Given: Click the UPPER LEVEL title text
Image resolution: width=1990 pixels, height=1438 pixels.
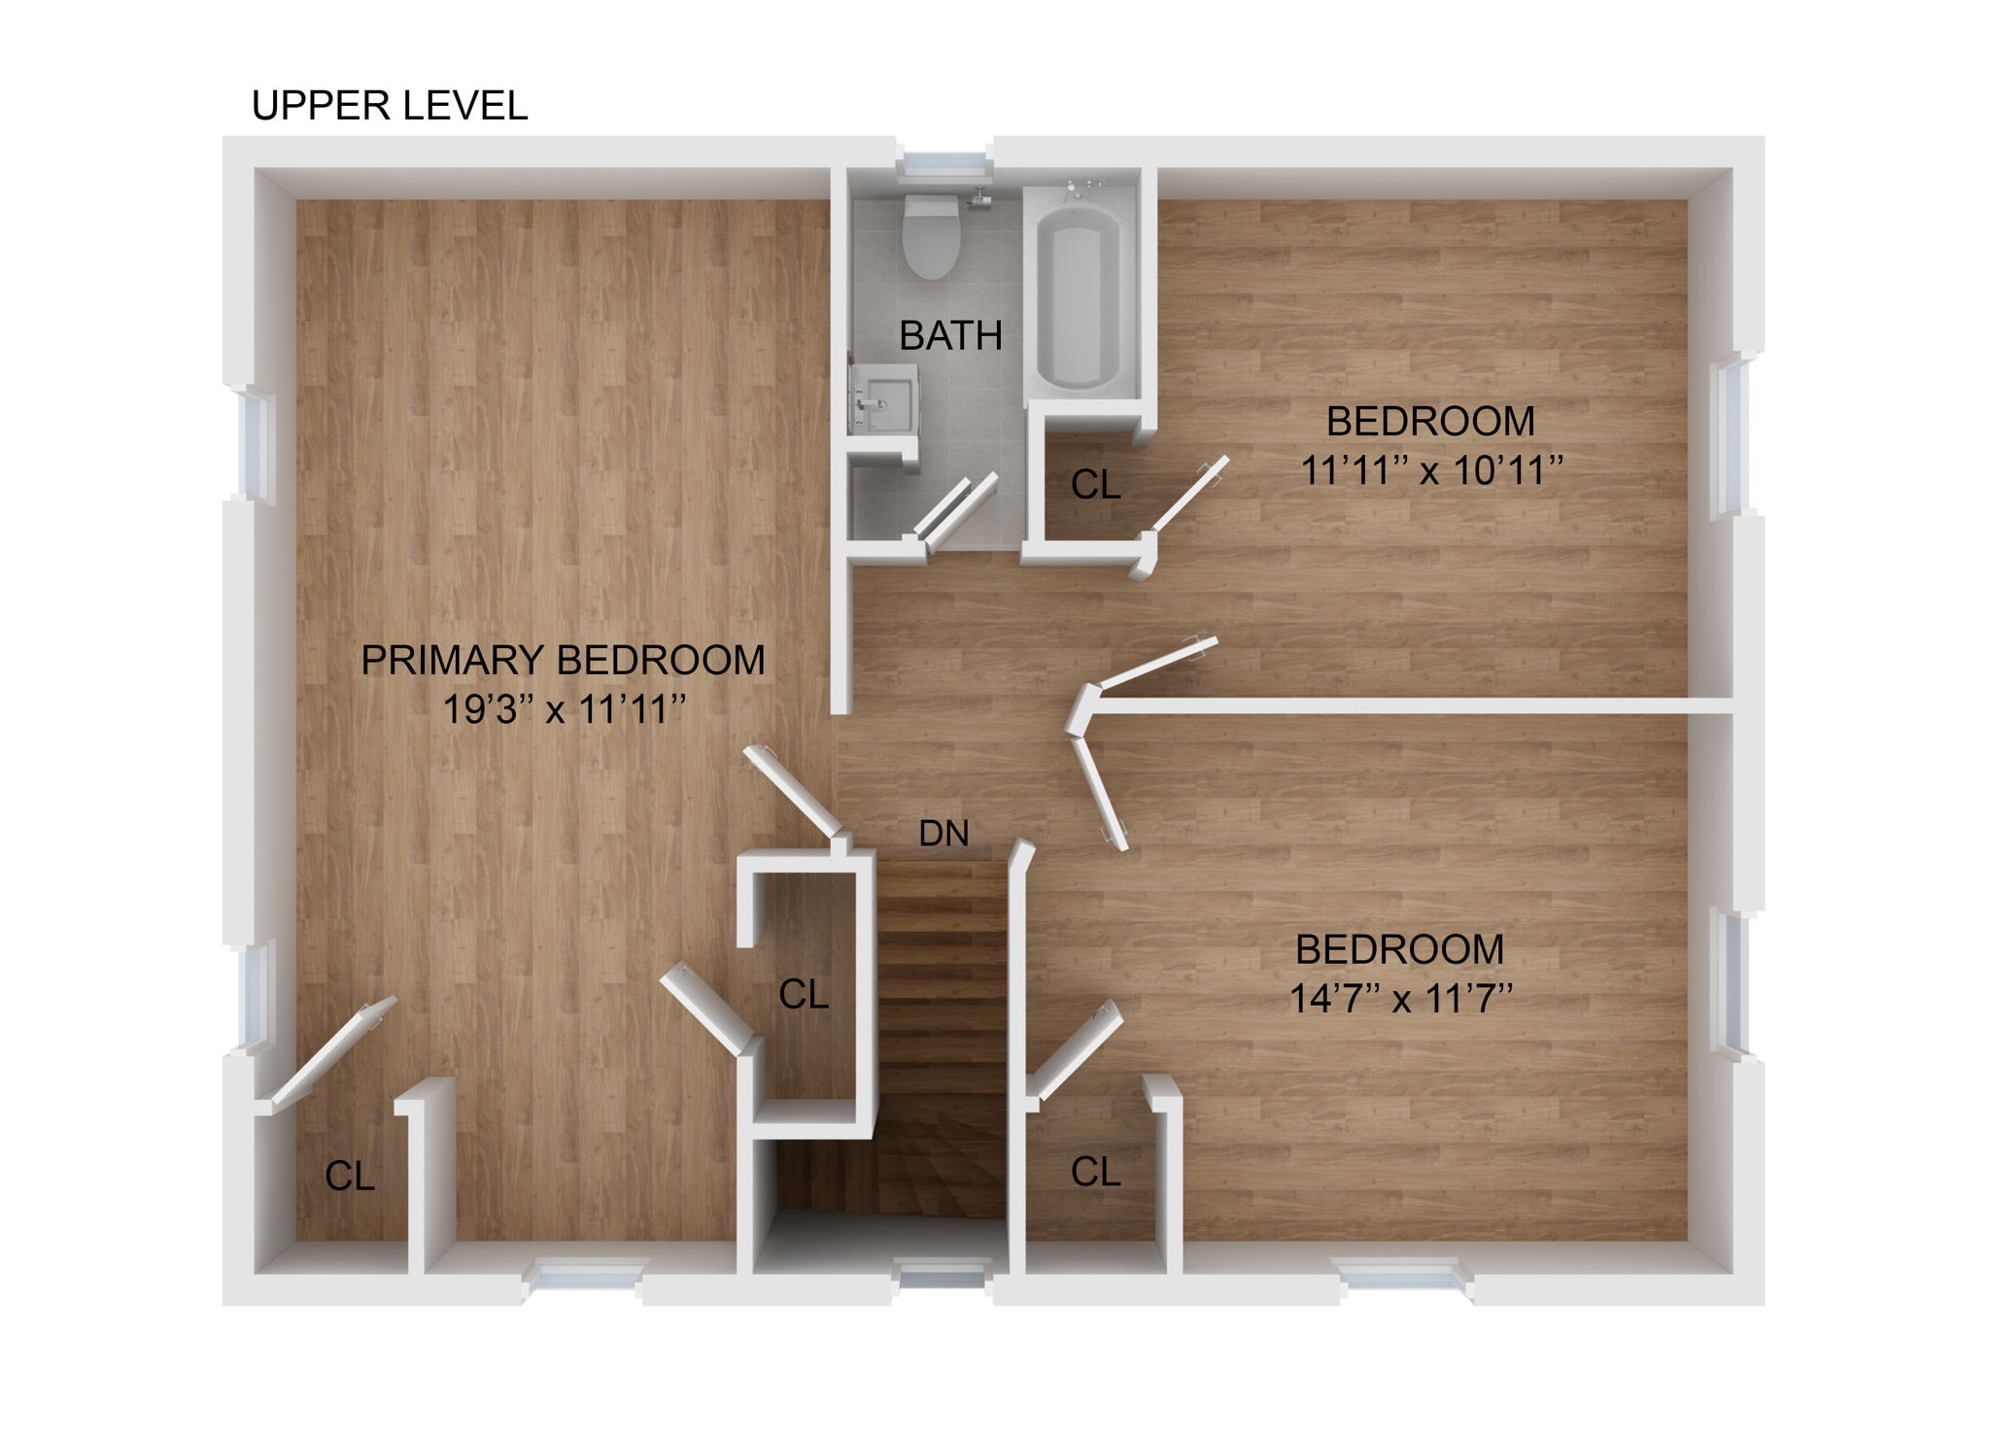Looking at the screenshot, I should [x=389, y=106].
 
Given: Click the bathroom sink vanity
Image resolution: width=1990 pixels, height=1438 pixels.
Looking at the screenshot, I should [x=884, y=399].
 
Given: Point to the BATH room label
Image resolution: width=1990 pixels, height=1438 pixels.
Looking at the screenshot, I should [x=950, y=336].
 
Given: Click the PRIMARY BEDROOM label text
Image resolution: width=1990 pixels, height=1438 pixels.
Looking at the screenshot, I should [x=563, y=661].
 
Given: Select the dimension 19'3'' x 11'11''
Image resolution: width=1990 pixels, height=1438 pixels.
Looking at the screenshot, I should [x=563, y=710].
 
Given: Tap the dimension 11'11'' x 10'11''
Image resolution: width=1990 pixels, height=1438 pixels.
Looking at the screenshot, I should [x=1430, y=471].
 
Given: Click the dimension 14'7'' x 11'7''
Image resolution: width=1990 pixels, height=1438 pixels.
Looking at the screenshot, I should [x=1400, y=999].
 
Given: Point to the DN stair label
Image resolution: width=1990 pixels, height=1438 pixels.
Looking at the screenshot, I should [x=944, y=834].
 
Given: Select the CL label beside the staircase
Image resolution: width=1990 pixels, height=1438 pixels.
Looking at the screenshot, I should [x=804, y=994].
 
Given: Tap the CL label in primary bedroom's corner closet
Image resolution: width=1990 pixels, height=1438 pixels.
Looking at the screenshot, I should [x=349, y=1177].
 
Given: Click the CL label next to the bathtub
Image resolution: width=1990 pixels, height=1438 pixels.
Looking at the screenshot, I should [x=1095, y=485].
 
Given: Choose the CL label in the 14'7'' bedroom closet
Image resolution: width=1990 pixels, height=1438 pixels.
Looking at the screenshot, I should [x=1095, y=1173].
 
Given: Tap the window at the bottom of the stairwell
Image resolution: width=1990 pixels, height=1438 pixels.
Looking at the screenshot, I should [x=942, y=1274].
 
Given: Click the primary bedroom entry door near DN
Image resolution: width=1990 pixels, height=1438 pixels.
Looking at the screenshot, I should [x=792, y=791].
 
